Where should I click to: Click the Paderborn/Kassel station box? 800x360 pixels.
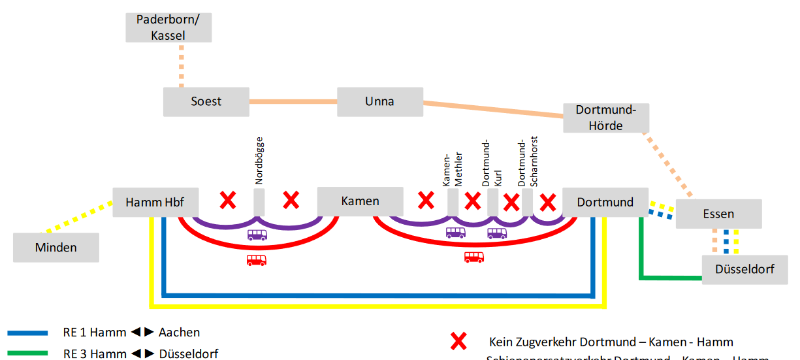pos(168,27)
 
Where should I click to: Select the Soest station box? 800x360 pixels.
pos(206,101)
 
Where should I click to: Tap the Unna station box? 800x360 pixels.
pos(379,101)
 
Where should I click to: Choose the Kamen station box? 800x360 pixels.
pos(360,201)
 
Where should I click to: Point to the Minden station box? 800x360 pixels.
pos(56,248)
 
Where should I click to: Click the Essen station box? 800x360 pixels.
pos(718,214)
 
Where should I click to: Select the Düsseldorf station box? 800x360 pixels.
pos(744,269)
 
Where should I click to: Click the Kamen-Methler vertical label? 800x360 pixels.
pos(453,169)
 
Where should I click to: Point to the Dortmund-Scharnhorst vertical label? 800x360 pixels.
pos(526,163)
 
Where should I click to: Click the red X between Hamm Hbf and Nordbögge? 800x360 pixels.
pos(227,200)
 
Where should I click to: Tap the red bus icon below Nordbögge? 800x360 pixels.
pos(256,260)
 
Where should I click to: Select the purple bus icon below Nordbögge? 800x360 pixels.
pos(257,235)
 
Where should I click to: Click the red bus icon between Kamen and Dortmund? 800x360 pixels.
pos(474,257)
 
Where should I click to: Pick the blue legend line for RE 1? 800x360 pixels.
pos(27,333)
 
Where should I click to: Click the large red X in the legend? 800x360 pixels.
pos(459,341)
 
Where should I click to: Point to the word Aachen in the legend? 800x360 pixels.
pos(179,333)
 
